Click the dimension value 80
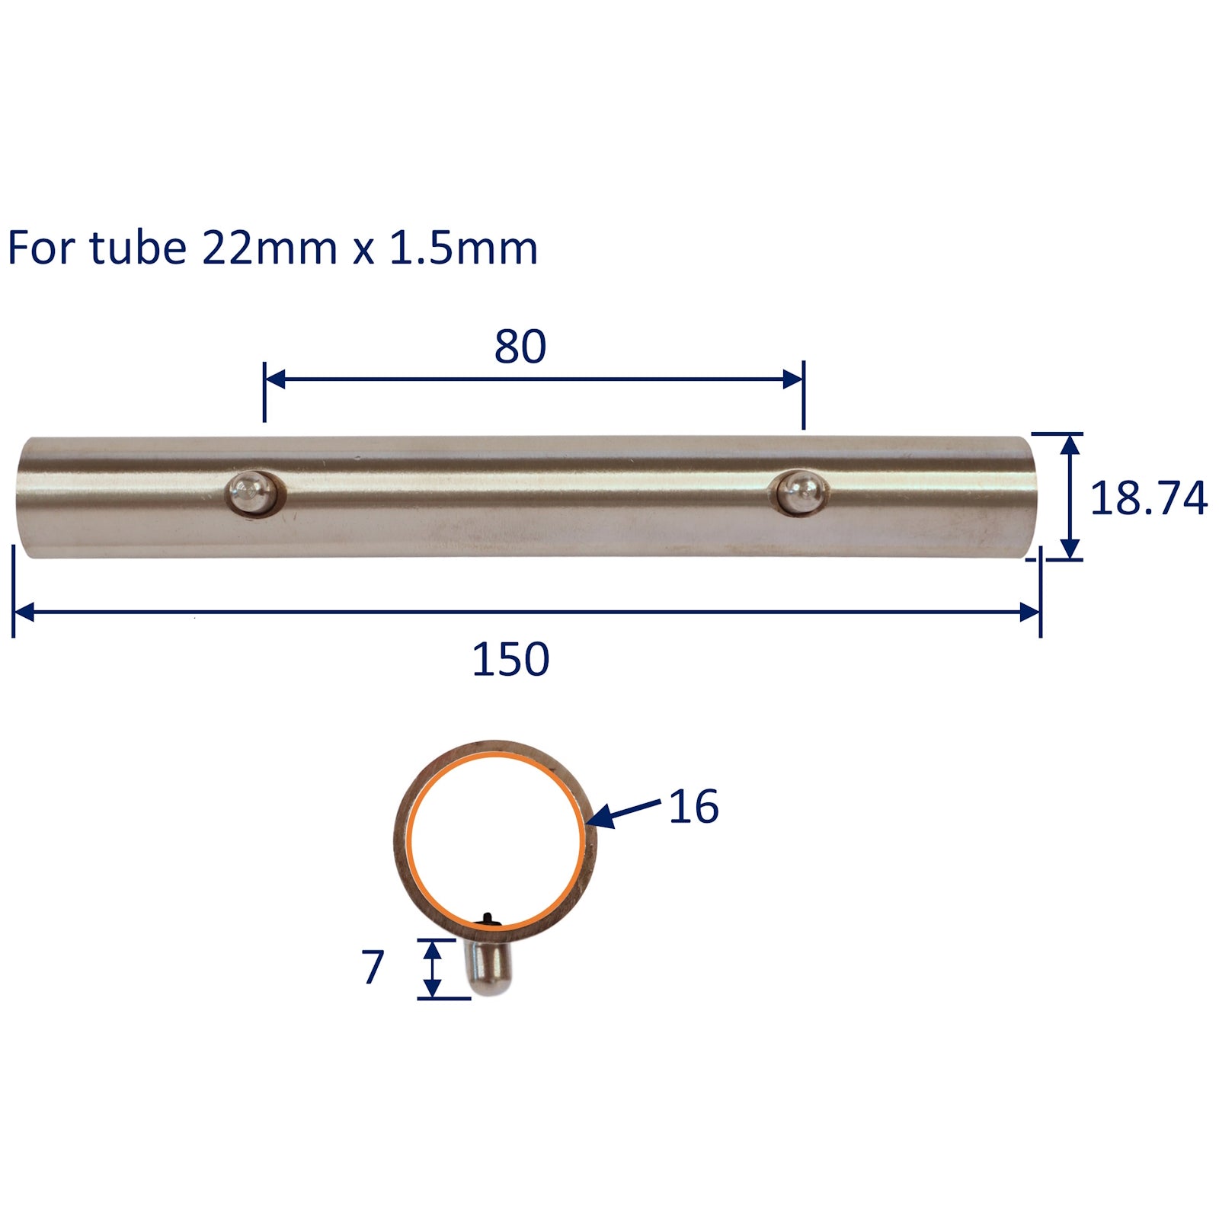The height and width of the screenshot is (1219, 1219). (x=520, y=347)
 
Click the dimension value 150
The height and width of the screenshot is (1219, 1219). (x=510, y=660)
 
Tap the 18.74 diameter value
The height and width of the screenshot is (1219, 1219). (x=1148, y=499)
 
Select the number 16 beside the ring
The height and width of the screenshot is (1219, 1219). (x=693, y=807)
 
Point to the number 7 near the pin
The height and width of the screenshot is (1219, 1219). (x=373, y=968)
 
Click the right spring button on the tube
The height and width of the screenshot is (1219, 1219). (x=801, y=491)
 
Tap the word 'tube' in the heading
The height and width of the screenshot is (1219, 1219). (x=137, y=248)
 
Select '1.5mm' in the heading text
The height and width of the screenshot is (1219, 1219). (x=463, y=248)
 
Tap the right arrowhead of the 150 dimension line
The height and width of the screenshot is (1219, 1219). (x=1030, y=611)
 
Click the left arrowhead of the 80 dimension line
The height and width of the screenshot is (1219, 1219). (x=274, y=379)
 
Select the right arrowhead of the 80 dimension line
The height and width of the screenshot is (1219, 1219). (x=793, y=379)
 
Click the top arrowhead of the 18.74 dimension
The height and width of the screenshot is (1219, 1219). (x=1070, y=443)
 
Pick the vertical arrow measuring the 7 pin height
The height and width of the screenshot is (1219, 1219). (x=432, y=968)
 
